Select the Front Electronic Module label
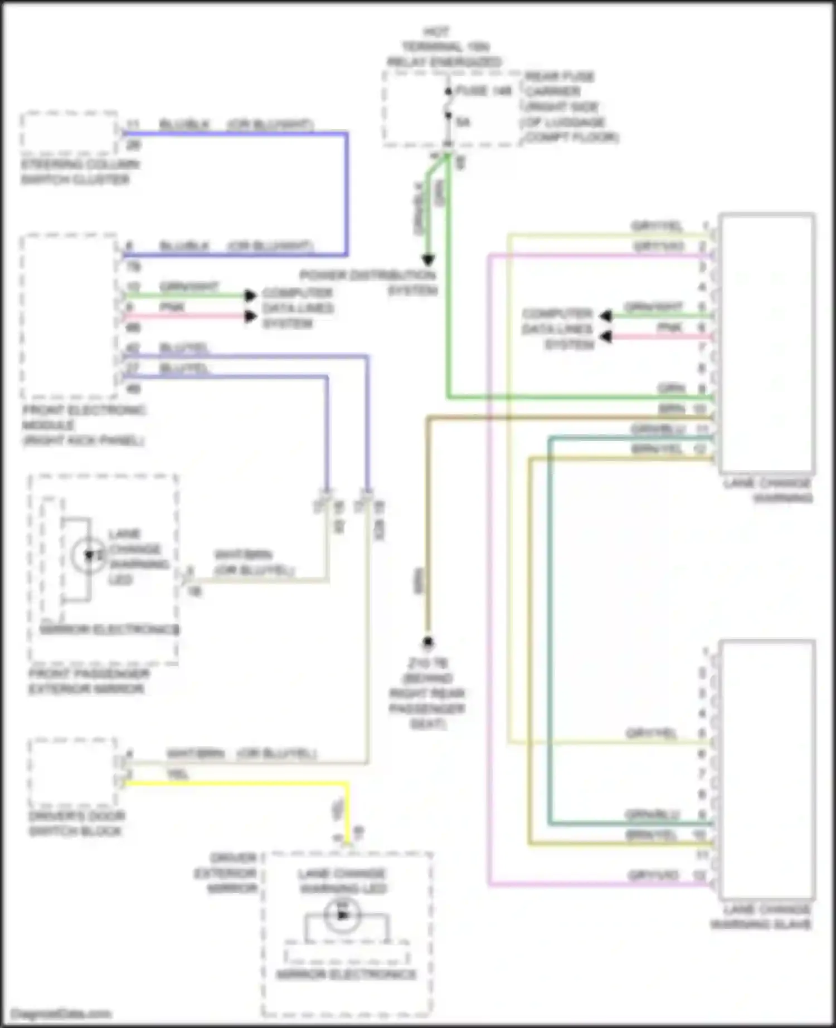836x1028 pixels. click(x=84, y=425)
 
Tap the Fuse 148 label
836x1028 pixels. click(x=483, y=91)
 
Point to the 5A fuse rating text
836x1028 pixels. click(x=463, y=121)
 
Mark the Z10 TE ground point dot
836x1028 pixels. click(x=428, y=643)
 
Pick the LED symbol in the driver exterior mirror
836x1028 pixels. click(x=342, y=915)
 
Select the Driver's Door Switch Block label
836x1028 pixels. click(x=76, y=823)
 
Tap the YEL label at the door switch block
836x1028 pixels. click(x=177, y=774)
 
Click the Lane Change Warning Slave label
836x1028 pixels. click(x=761, y=917)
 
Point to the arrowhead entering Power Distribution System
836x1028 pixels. click(x=427, y=260)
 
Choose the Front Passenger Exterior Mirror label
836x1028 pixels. click(x=88, y=681)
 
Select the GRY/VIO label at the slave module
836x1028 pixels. click(x=653, y=875)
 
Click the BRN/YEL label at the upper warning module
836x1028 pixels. click(x=657, y=449)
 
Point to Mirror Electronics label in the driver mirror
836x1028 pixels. click(x=346, y=975)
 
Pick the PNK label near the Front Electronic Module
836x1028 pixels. click(x=172, y=307)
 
